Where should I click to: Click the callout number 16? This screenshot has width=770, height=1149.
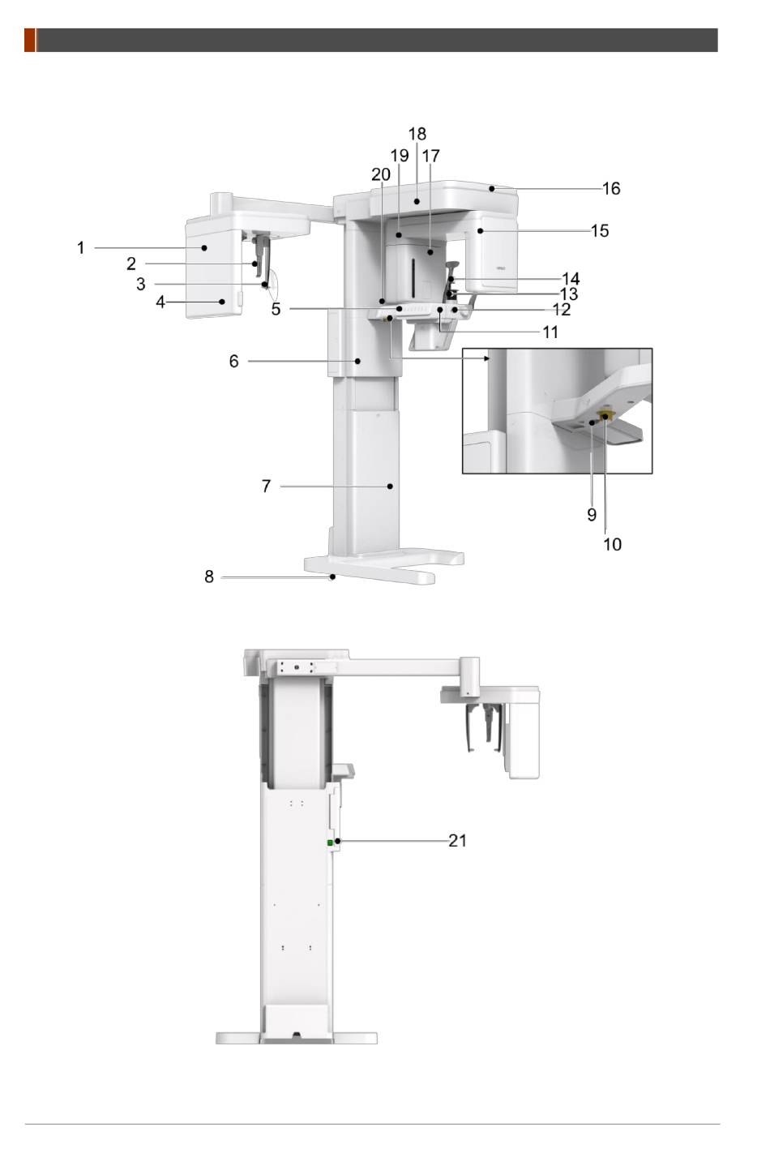(611, 189)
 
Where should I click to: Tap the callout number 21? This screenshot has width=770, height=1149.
(457, 841)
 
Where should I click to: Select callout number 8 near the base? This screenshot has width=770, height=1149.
(208, 577)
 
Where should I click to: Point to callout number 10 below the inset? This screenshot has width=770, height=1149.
(612, 544)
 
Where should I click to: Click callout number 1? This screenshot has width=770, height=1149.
(80, 248)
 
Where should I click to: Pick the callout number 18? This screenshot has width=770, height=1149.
(417, 134)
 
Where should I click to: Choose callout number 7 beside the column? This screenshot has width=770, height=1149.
(266, 486)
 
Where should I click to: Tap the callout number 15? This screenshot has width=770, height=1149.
(600, 231)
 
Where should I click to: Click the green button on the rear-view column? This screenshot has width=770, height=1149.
(331, 842)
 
